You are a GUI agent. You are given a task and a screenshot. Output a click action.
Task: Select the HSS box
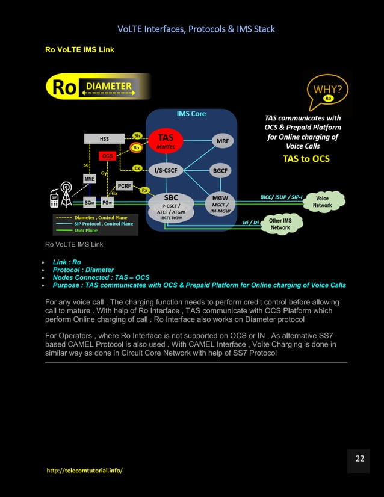click(104, 139)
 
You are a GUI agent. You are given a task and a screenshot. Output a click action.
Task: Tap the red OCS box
click(107, 156)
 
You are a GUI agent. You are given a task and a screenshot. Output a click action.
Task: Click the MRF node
click(221, 141)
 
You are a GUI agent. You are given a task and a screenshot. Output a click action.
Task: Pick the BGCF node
click(220, 171)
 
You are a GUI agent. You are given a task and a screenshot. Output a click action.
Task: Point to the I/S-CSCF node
click(166, 171)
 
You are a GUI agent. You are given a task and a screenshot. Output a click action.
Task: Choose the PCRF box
click(124, 186)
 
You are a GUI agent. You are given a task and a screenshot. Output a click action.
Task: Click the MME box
click(89, 179)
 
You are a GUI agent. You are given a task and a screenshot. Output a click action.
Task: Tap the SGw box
click(88, 203)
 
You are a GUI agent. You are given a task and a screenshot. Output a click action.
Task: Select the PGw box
click(107, 203)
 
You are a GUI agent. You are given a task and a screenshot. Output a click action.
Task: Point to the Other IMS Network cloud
click(280, 224)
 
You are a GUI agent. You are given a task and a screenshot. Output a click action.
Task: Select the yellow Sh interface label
click(137, 136)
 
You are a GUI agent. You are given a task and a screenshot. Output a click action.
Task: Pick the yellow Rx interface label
click(144, 190)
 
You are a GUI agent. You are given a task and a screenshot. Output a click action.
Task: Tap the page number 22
click(359, 459)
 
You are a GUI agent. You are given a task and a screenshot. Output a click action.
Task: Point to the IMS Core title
click(191, 113)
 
